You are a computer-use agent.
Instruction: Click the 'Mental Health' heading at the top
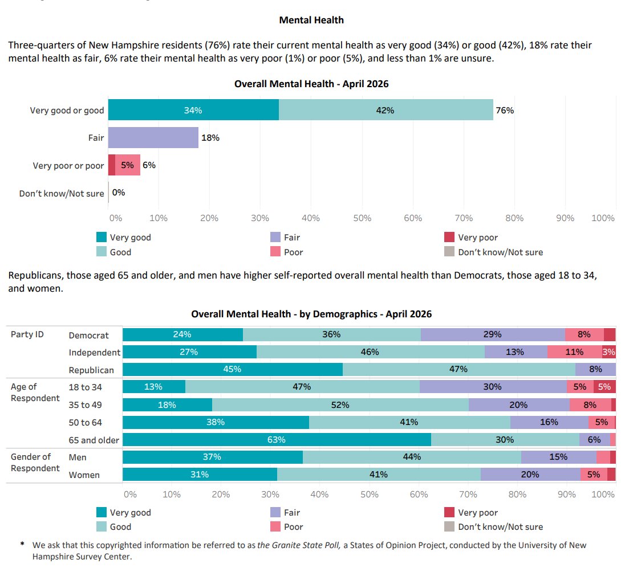click(x=311, y=20)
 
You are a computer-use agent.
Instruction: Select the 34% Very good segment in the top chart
click(x=193, y=110)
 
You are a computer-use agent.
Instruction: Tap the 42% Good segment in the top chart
click(x=386, y=110)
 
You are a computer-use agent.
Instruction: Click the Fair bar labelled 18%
click(x=153, y=137)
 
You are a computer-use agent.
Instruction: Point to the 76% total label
click(x=505, y=110)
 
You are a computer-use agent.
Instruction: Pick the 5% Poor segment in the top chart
click(x=128, y=165)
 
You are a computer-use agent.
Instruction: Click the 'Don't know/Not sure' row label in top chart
click(x=62, y=194)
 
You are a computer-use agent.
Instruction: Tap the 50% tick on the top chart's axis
click(x=362, y=218)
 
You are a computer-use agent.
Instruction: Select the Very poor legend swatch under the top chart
click(x=449, y=237)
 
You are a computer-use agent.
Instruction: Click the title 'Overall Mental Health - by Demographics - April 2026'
click(x=311, y=314)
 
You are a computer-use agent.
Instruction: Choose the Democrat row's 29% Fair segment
click(x=493, y=334)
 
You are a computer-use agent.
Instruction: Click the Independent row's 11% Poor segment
click(x=575, y=352)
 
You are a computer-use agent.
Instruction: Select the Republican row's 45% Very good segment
click(x=233, y=369)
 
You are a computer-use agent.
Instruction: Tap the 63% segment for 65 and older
click(x=277, y=439)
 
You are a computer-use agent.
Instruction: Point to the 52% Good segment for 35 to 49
click(x=340, y=404)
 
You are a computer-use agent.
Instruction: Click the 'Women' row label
click(x=84, y=475)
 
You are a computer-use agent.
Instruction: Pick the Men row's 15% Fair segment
click(x=559, y=457)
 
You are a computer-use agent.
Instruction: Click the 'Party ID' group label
click(x=27, y=334)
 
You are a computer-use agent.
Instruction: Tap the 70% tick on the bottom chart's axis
click(x=468, y=494)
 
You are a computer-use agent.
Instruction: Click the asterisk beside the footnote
click(x=23, y=544)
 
